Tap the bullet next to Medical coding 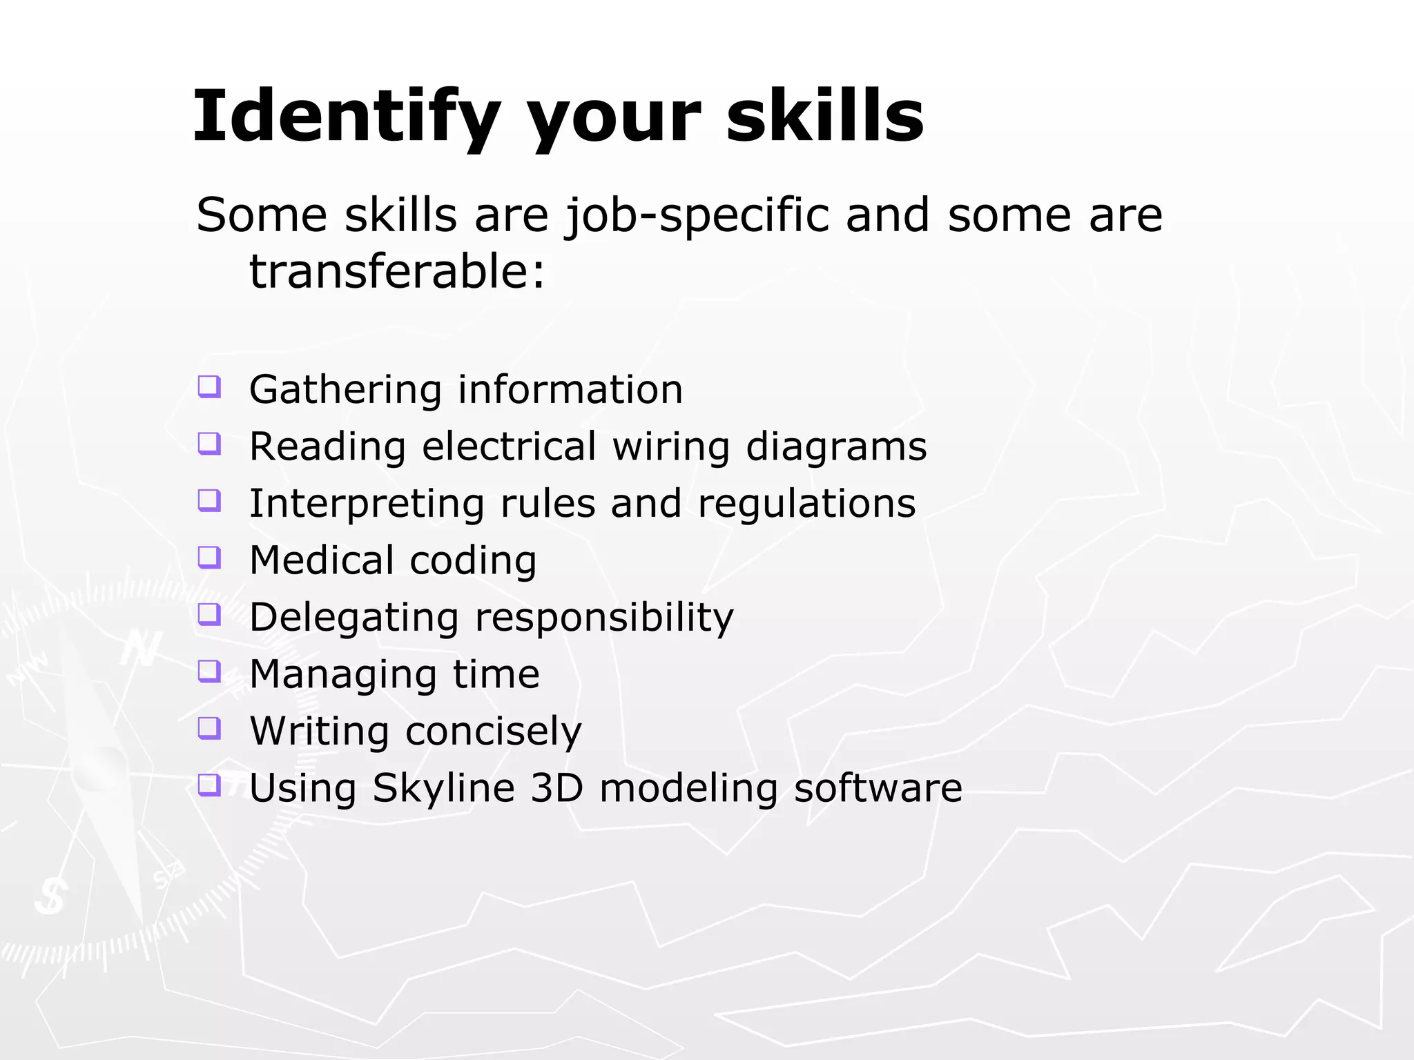pos(209,556)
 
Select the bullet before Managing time pos(209,670)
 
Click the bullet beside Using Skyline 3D pos(209,784)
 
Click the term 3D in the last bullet pos(556,787)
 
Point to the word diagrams pos(836,447)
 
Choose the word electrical pos(509,446)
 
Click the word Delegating pos(354,618)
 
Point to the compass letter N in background pos(142,648)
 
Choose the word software pos(878,787)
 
